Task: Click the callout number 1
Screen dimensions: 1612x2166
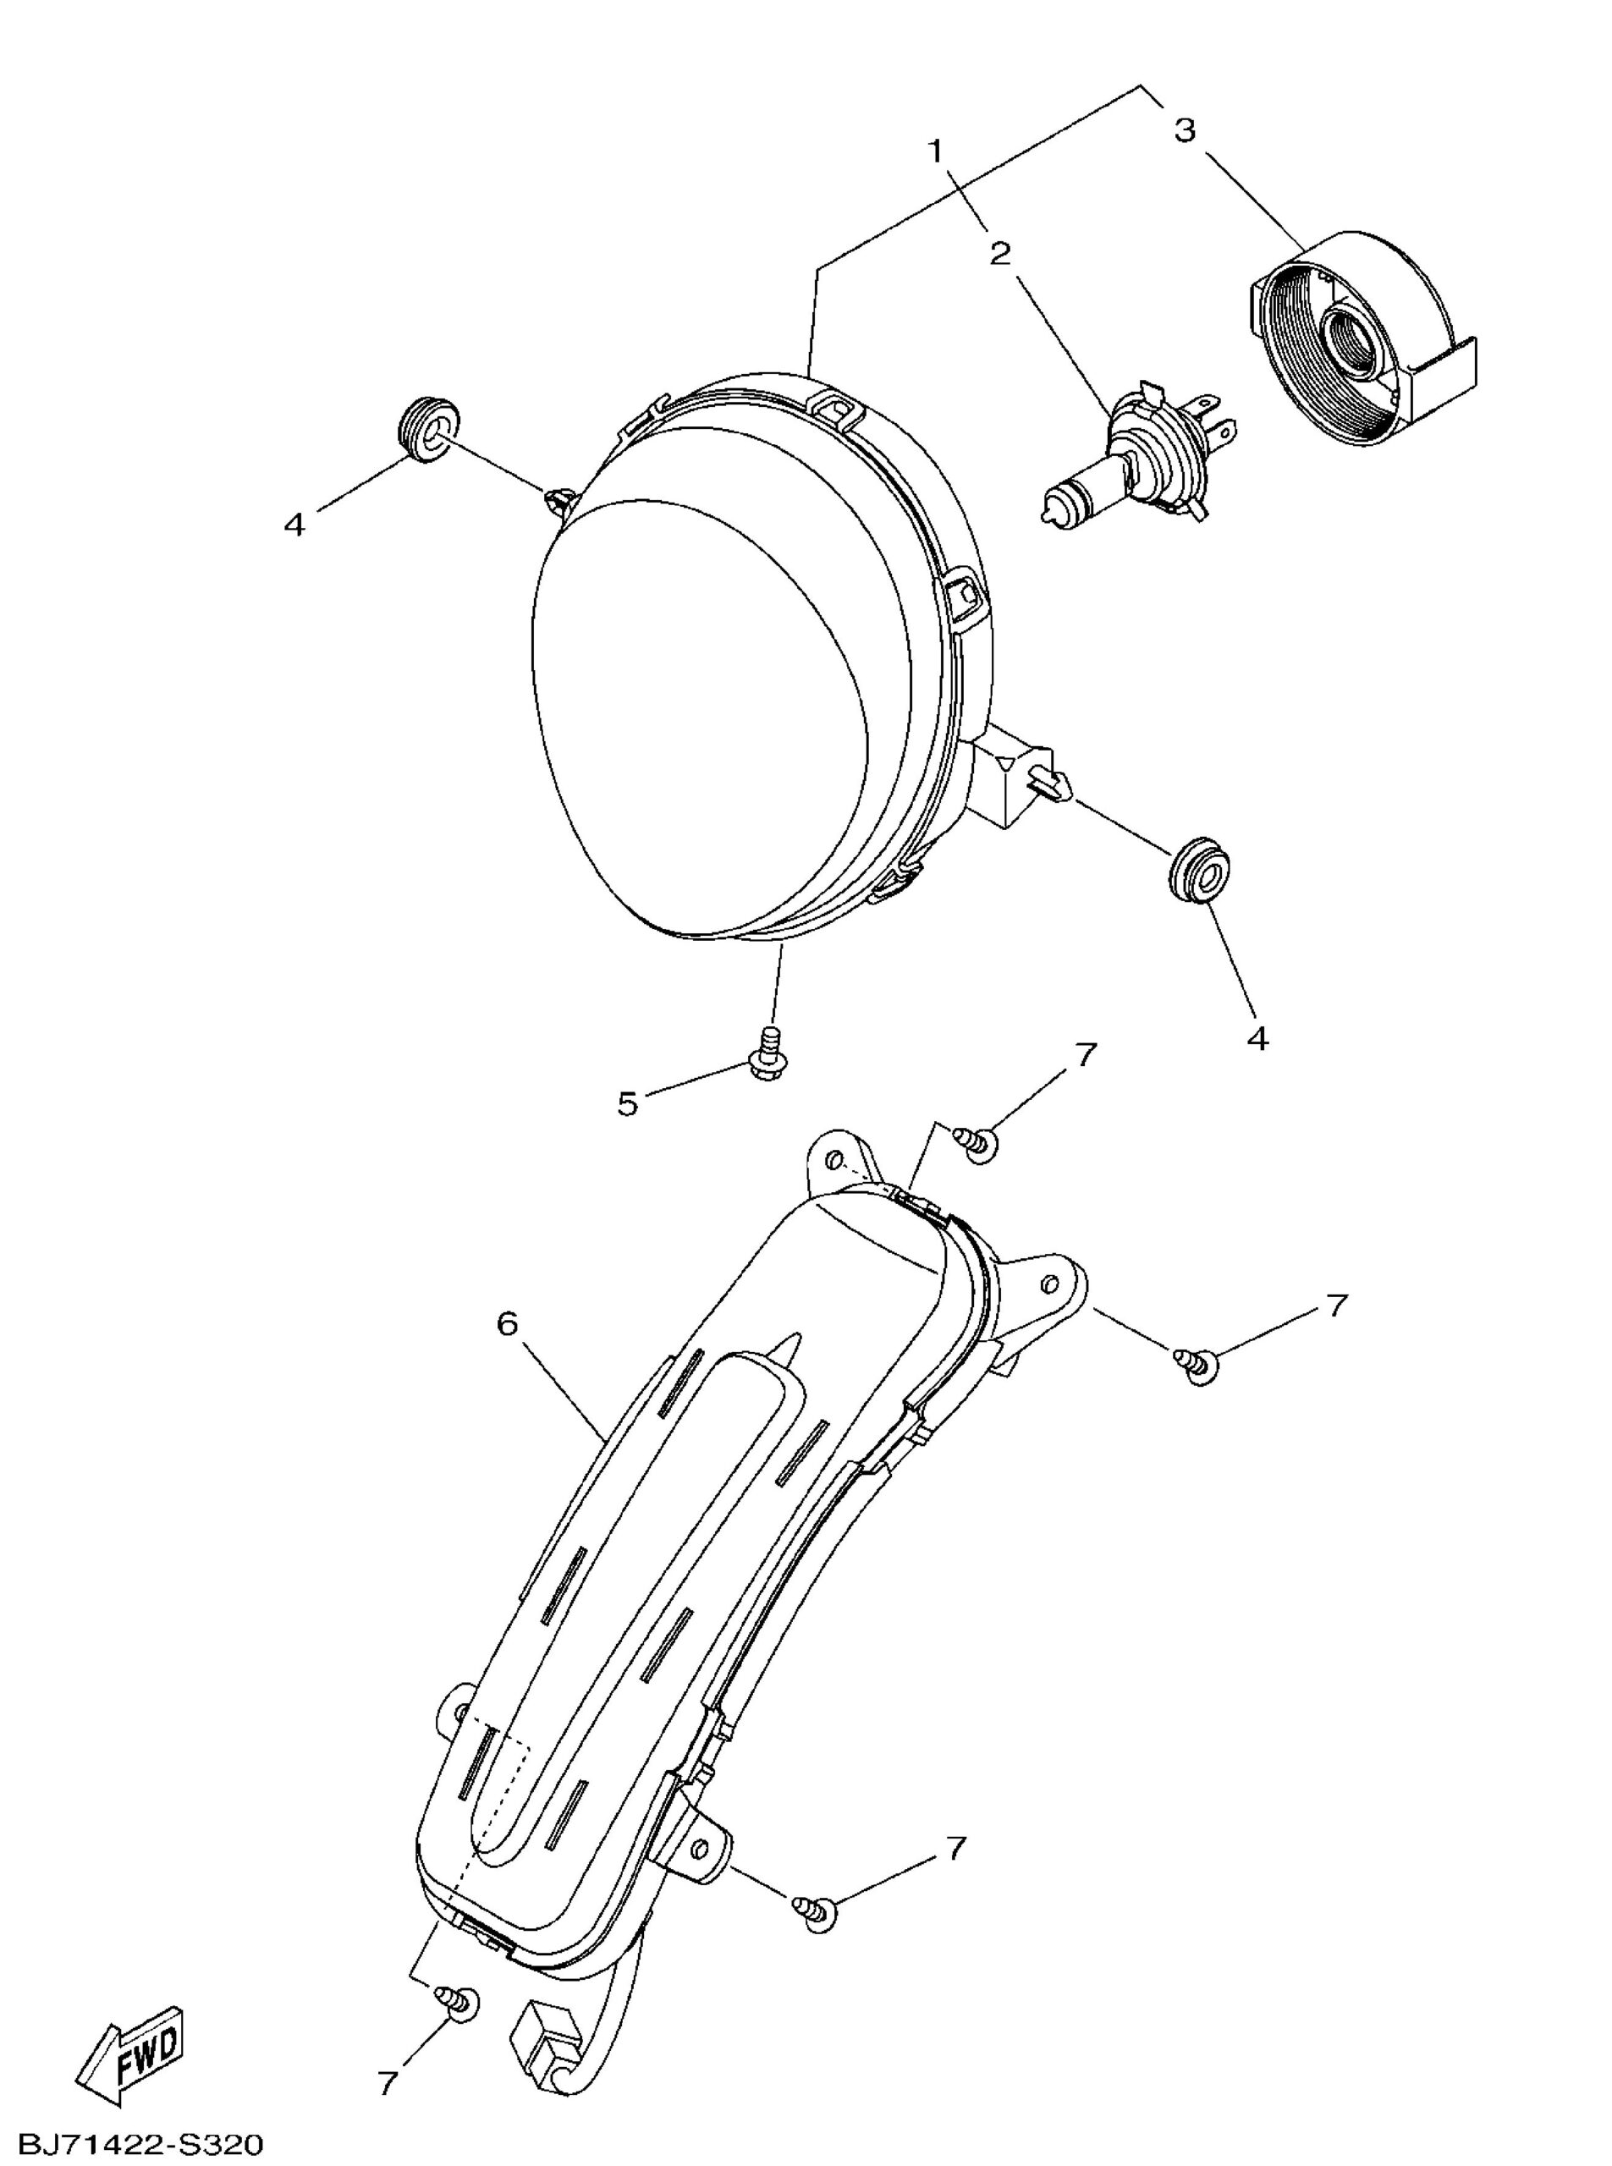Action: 937,151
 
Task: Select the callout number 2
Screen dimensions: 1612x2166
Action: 1000,254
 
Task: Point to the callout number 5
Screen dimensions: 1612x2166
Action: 627,1104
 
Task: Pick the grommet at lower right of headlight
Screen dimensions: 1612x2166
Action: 1197,866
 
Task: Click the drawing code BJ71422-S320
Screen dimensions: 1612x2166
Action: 132,2145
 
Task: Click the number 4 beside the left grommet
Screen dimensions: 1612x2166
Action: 294,525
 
